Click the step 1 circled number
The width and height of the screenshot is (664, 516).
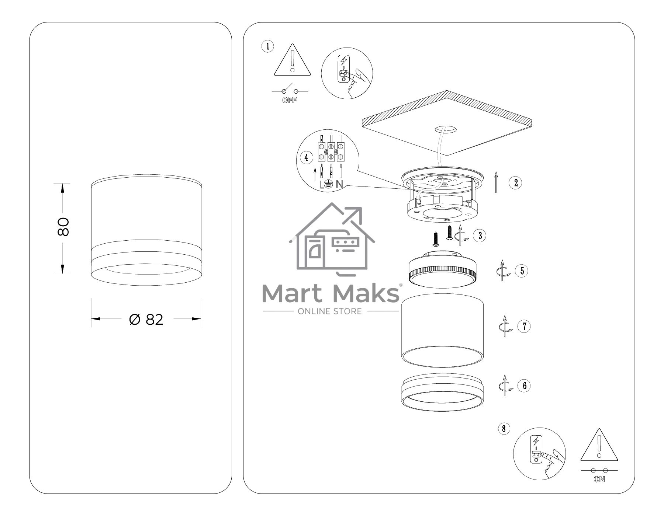click(267, 46)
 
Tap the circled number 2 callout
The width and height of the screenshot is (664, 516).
click(515, 182)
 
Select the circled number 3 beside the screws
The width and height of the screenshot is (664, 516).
click(480, 236)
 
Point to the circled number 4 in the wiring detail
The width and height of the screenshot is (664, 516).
click(306, 158)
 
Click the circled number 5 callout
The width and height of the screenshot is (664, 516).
click(522, 271)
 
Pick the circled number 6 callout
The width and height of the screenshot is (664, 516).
click(524, 386)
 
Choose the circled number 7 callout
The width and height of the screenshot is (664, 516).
click(524, 326)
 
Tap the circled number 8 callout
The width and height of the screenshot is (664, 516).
click(504, 429)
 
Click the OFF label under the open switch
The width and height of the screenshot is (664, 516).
click(289, 100)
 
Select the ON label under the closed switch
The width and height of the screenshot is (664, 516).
click(599, 480)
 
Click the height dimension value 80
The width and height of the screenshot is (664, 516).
click(63, 227)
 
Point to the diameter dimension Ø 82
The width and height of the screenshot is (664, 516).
click(146, 319)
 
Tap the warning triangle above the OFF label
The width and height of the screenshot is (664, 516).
click(293, 60)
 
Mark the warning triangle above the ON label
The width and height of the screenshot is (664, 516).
click(599, 445)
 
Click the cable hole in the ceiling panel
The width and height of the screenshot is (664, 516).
click(445, 129)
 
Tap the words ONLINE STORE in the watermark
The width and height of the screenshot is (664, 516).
click(330, 311)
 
